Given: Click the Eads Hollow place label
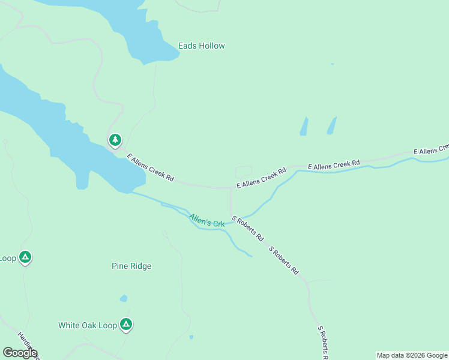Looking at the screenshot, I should tap(201, 46).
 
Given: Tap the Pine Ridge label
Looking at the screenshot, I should tap(131, 266).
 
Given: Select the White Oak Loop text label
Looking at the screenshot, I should tap(87, 325).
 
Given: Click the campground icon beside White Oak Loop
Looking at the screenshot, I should tap(125, 325).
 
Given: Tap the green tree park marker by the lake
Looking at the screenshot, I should tap(115, 140).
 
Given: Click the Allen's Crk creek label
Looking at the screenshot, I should tap(206, 220).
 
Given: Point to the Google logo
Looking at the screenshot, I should tap(20, 353).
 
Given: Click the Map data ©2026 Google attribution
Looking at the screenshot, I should tap(412, 355).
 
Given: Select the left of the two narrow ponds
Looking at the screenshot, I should tap(304, 126).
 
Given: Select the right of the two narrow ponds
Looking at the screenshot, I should tap(331, 125).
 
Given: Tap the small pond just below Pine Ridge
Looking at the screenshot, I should tap(124, 298).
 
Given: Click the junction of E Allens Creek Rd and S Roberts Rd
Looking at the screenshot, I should tap(231, 188).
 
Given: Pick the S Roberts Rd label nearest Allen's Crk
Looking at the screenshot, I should tap(248, 229).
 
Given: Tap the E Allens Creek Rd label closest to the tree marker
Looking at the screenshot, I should tap(150, 167).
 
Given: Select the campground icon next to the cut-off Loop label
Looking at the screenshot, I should tap(25, 257).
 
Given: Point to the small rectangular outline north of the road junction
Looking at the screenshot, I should tap(244, 172).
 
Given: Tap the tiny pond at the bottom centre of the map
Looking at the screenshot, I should tap(191, 337).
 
